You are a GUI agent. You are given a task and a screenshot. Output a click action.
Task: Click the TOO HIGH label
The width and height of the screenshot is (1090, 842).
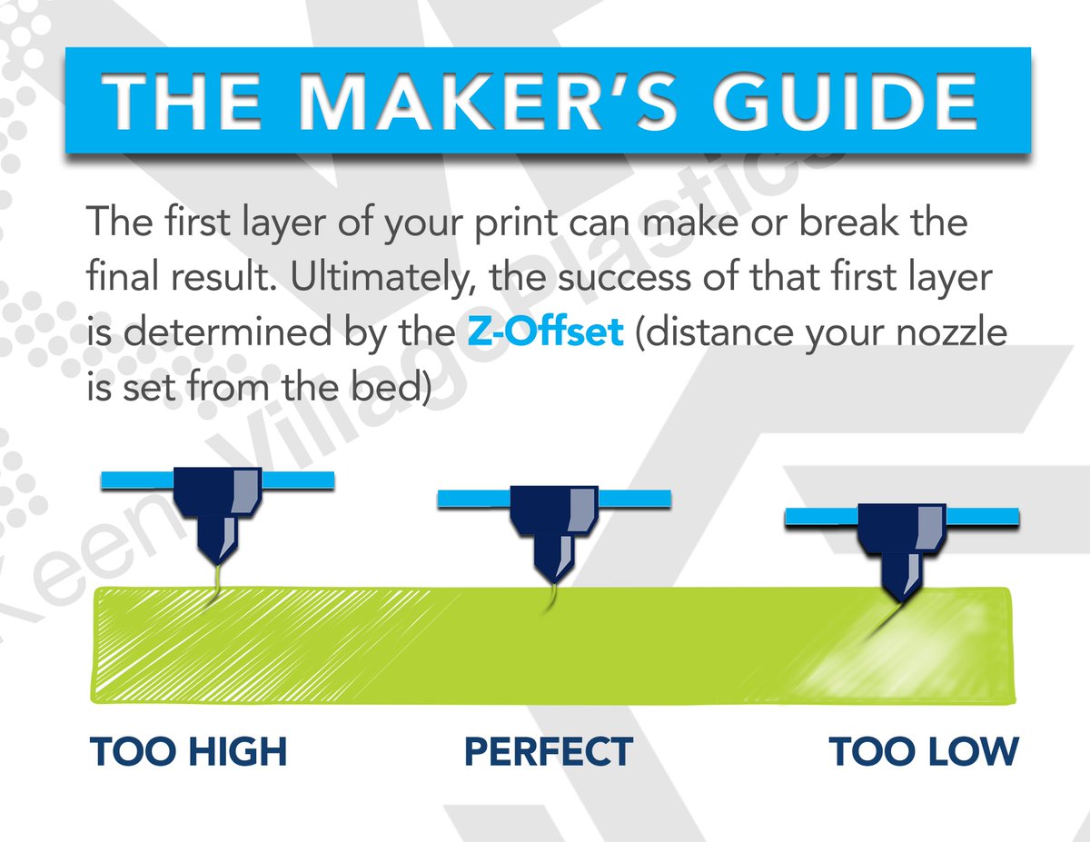click(188, 752)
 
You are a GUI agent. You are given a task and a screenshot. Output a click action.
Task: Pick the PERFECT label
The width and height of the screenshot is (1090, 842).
click(548, 752)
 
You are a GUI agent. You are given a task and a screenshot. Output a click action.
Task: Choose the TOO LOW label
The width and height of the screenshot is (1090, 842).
click(924, 752)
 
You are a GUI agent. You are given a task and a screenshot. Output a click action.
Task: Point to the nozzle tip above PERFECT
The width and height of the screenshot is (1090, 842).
click(552, 578)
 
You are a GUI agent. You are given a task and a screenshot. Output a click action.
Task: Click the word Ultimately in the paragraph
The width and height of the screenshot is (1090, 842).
click(385, 278)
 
